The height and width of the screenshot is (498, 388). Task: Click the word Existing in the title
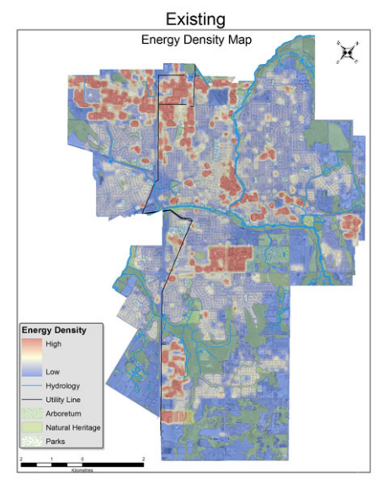[x=194, y=19]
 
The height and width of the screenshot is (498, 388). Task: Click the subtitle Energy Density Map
[x=195, y=40]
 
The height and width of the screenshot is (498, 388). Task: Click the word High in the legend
[x=54, y=344]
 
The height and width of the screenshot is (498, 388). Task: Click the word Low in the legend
[x=52, y=371]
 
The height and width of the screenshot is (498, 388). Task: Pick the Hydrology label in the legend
[x=62, y=384]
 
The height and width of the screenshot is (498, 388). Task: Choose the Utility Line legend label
[x=64, y=400]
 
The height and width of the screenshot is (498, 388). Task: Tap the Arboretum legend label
[x=63, y=413]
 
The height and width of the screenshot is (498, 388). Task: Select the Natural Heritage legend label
[x=73, y=427]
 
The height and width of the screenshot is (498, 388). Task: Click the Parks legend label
[x=56, y=441]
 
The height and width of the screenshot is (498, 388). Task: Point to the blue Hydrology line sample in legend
[x=30, y=384]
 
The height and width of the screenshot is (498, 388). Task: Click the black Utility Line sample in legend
[x=30, y=400]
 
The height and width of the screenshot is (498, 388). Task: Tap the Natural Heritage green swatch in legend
[x=30, y=427]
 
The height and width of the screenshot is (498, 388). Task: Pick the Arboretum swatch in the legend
[x=30, y=413]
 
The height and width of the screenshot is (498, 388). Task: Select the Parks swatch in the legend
[x=30, y=441]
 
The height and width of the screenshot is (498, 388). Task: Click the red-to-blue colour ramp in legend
[x=30, y=358]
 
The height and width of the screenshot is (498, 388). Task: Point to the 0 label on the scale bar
[x=82, y=458]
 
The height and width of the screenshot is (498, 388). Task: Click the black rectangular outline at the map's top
[x=176, y=88]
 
